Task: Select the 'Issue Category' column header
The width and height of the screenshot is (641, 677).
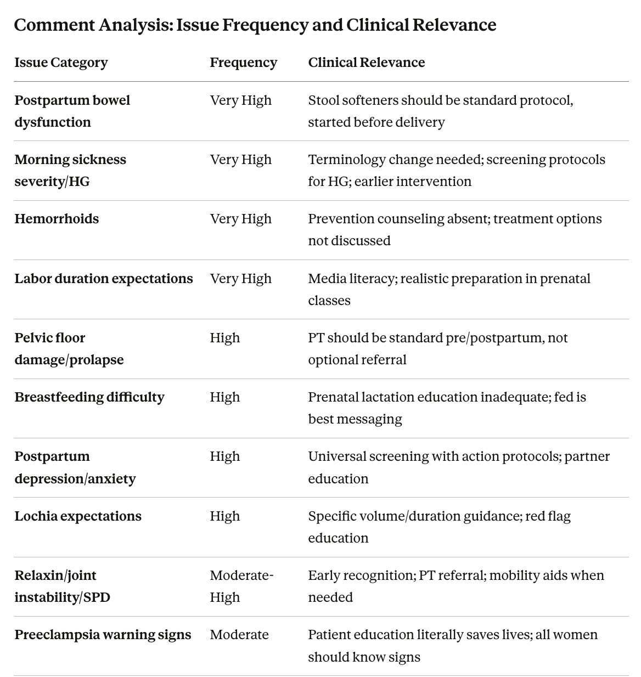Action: click(x=61, y=63)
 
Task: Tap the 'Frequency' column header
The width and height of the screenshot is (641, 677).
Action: click(x=243, y=63)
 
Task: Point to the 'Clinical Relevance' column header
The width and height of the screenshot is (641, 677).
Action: click(x=366, y=63)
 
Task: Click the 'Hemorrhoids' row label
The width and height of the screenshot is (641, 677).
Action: click(x=57, y=219)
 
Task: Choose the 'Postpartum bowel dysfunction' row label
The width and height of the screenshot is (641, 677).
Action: click(x=72, y=111)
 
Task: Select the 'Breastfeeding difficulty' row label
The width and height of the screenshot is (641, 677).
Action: click(x=89, y=397)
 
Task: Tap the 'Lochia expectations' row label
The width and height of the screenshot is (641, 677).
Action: click(x=78, y=516)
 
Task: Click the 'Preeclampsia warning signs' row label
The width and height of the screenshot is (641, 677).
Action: click(x=103, y=635)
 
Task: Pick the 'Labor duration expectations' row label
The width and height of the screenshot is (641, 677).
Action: click(x=104, y=279)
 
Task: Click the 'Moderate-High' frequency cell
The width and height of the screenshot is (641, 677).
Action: click(x=241, y=586)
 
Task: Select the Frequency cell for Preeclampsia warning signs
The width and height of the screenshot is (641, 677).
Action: click(x=239, y=635)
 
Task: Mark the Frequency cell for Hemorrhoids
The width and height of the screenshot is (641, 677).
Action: click(x=240, y=219)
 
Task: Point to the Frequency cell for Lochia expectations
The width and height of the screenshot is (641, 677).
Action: click(x=224, y=516)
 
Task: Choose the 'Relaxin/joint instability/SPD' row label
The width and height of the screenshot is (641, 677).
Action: click(x=62, y=586)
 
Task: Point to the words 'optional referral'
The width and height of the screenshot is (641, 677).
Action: click(x=357, y=360)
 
